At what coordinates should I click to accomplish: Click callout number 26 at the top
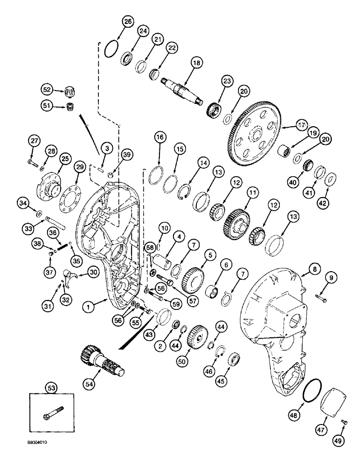coord(127,21)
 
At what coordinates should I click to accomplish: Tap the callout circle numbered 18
coord(196,63)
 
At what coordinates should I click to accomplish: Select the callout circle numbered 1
coord(87,307)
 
